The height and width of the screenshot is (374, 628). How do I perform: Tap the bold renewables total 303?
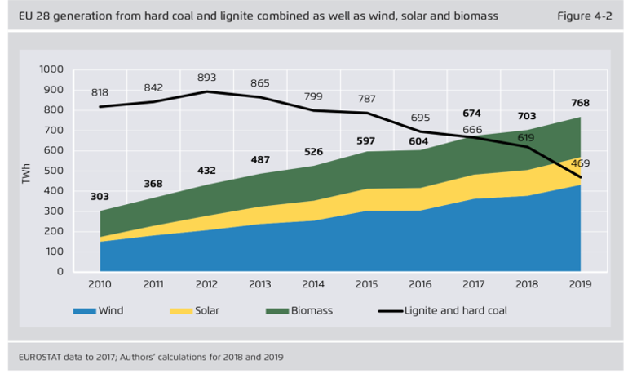100,196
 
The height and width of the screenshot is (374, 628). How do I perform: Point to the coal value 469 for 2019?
580,164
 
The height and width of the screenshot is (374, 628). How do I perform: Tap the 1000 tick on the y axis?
51,69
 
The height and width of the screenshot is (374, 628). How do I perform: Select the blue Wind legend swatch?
84,311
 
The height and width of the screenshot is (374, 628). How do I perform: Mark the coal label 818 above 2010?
100,93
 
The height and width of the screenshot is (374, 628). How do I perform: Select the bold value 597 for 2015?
365,140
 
